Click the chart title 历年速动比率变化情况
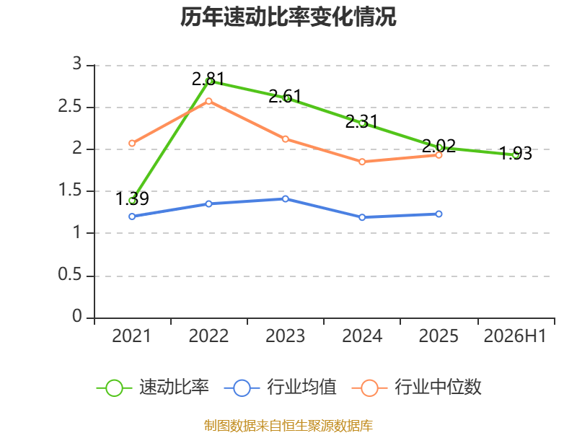point(288,17)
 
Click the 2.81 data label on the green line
point(208,79)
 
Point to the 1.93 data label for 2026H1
point(516,154)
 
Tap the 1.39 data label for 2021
point(132,199)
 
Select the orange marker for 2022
point(208,101)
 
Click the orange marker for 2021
point(132,143)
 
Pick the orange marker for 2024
point(362,162)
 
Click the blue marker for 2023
point(286,199)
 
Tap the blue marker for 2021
point(132,216)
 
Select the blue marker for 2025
point(439,214)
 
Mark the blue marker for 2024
point(362,217)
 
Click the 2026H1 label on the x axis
point(515,336)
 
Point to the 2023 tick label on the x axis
point(286,336)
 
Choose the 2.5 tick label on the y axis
point(70,107)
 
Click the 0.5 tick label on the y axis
point(70,275)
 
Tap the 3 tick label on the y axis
point(77,64)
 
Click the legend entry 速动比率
point(153,387)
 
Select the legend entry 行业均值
point(280,387)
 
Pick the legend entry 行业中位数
point(417,387)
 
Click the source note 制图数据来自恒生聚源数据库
point(288,426)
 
